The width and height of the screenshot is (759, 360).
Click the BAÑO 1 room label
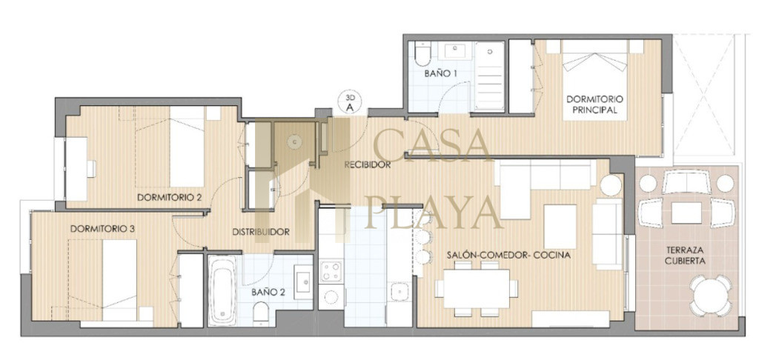[441, 74]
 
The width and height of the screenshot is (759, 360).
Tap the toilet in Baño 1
[422, 54]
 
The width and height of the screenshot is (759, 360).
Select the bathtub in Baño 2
[222, 290]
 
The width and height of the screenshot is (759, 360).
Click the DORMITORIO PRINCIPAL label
[595, 104]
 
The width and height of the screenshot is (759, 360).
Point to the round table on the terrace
[711, 296]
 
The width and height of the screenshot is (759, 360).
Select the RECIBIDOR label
[368, 165]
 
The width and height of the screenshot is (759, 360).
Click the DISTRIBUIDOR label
[261, 232]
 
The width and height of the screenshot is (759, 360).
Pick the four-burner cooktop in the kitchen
[331, 271]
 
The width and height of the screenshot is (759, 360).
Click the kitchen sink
[400, 292]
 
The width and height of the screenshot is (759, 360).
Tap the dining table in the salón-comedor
[477, 289]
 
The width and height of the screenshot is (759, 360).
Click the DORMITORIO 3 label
[102, 229]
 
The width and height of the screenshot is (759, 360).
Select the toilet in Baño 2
[261, 313]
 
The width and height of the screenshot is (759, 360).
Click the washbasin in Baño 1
[454, 51]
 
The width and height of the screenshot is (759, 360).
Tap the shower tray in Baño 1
[489, 76]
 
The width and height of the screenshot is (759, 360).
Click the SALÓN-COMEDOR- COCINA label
[508, 255]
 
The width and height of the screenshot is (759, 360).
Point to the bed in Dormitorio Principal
[595, 80]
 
